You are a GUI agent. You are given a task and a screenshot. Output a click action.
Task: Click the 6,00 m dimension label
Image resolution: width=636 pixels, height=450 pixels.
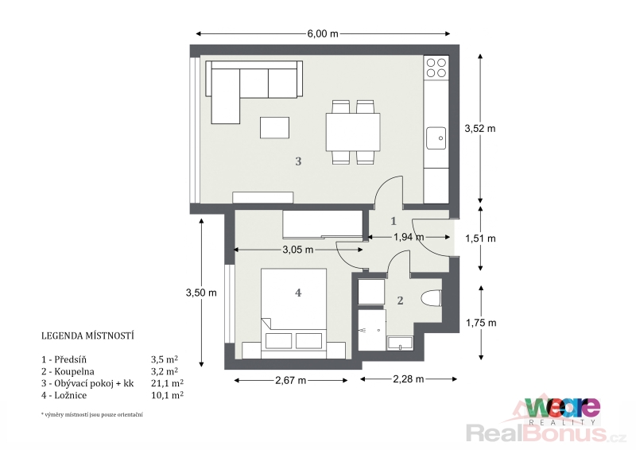[323, 33]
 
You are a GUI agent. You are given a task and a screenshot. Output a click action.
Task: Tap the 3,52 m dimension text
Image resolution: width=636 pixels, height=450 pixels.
[480, 129]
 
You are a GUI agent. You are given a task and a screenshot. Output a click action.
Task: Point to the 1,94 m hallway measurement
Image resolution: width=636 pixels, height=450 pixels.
[409, 237]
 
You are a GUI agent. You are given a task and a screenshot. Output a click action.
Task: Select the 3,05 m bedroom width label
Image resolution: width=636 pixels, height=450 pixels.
[297, 250]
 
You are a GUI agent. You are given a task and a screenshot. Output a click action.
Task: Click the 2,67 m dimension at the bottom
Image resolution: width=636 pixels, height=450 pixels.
[290, 380]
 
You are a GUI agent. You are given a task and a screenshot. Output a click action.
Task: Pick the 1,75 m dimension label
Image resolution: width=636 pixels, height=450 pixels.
[481, 323]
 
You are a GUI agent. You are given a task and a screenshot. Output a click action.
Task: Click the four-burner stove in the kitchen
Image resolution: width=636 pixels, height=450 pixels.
[436, 68]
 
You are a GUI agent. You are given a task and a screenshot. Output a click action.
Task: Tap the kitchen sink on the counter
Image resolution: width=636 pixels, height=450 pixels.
[436, 138]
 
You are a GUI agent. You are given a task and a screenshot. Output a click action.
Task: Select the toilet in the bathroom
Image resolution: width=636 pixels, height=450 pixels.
[431, 300]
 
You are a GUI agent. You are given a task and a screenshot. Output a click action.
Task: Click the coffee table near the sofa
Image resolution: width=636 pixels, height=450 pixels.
[274, 127]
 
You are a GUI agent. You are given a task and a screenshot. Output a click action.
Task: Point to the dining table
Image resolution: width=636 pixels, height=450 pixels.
[353, 132]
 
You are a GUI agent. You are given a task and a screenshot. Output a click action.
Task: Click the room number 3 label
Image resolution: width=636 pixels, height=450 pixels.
[298, 161]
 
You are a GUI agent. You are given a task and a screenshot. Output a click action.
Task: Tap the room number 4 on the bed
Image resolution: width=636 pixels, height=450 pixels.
[298, 293]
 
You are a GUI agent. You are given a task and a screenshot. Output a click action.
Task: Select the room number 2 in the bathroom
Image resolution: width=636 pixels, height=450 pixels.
[401, 301]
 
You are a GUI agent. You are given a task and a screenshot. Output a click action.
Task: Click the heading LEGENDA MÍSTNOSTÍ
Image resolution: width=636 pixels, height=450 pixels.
[87, 336]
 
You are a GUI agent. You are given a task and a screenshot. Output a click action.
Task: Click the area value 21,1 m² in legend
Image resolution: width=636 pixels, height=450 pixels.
[167, 383]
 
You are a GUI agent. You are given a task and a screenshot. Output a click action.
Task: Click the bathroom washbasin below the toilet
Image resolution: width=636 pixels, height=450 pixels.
[400, 343]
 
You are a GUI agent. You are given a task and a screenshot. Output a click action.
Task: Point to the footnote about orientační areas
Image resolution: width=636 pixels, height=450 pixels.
[92, 415]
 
